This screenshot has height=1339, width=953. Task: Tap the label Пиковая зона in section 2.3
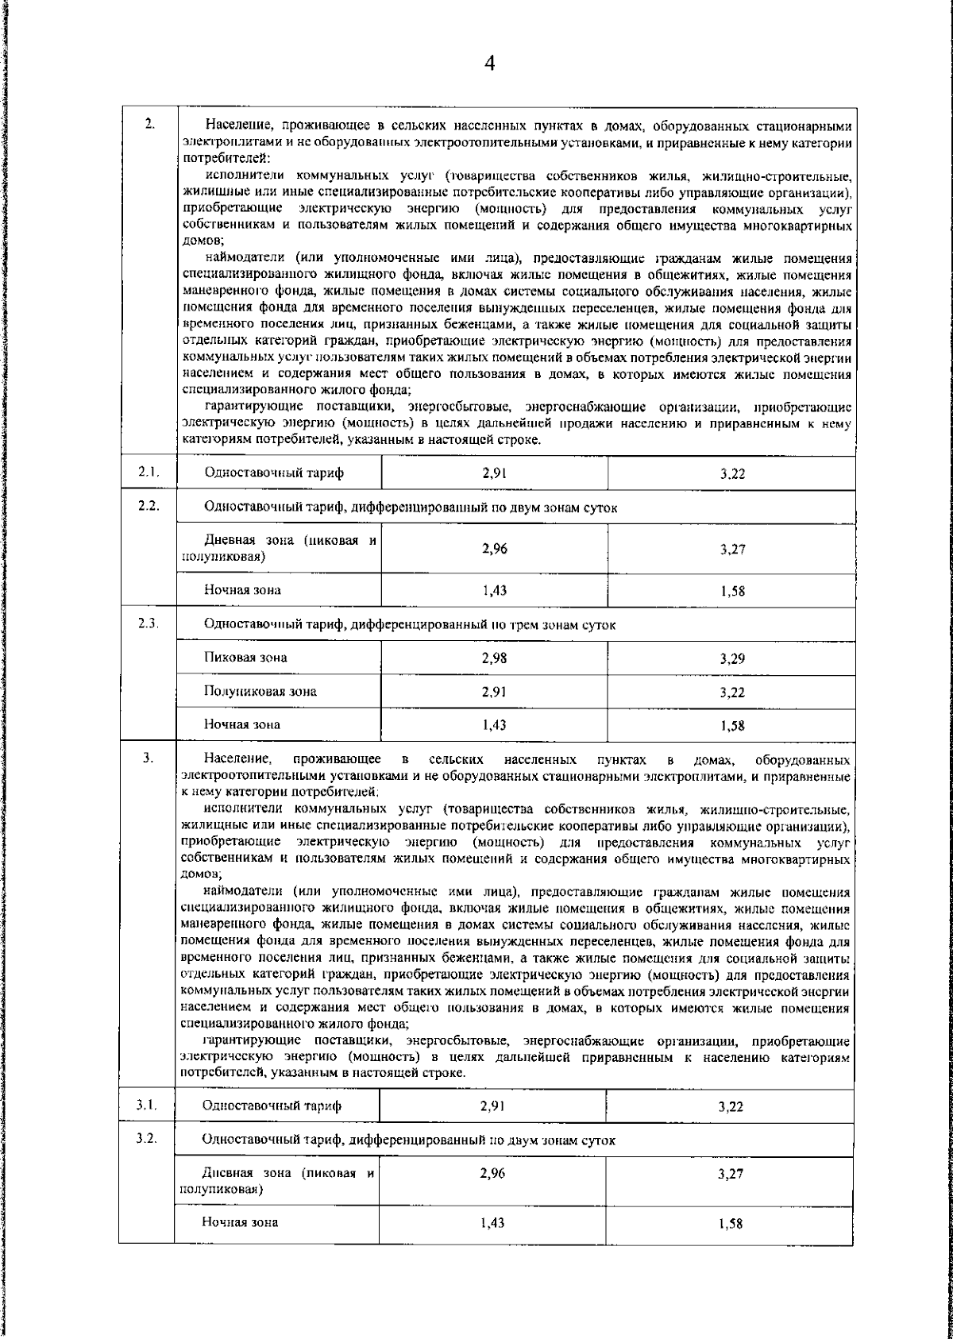pyautogui.click(x=245, y=658)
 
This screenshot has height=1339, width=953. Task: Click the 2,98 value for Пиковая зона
pyautogui.click(x=494, y=658)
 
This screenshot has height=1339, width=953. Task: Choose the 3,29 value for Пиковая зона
pyautogui.click(x=732, y=658)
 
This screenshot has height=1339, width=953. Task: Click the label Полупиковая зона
pyautogui.click(x=260, y=691)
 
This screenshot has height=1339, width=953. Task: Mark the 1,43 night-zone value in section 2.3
pyautogui.click(x=494, y=724)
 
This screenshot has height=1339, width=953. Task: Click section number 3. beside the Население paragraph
pyautogui.click(x=148, y=758)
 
